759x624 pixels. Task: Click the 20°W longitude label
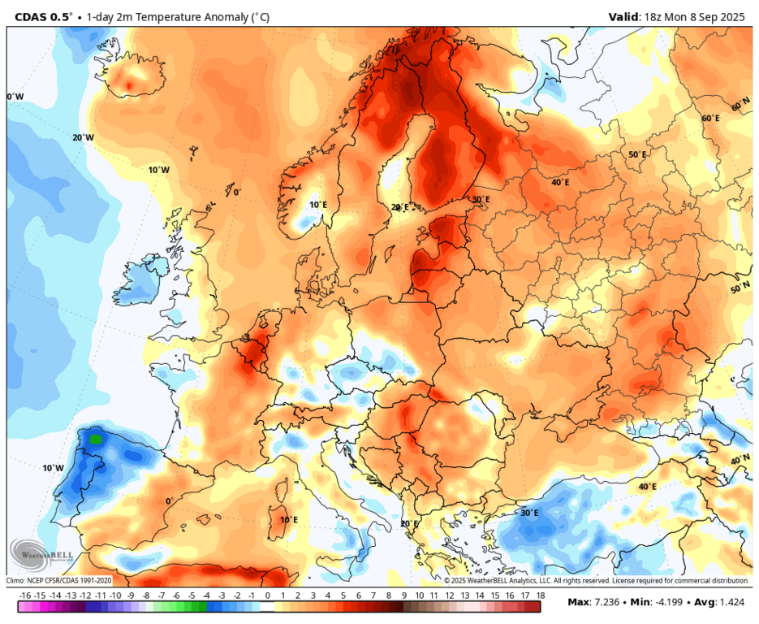pos(83,137)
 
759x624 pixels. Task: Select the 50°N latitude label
pos(740,288)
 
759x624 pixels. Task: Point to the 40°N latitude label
pos(740,460)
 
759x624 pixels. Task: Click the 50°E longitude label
pos(637,154)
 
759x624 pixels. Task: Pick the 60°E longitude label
pos(711,118)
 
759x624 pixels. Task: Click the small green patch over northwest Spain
pos(97,439)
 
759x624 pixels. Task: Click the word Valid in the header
pos(625,16)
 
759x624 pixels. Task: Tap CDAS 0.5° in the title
pos(43,16)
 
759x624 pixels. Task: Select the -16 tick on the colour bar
pos(25,596)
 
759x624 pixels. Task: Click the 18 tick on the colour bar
pos(539,596)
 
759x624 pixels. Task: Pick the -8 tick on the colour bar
pos(146,596)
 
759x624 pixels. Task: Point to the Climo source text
pos(59,580)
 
